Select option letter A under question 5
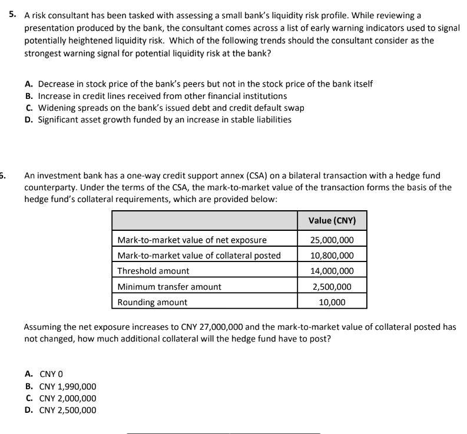click(29, 84)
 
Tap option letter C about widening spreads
click(29, 108)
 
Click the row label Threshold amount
click(154, 271)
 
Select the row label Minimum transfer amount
click(170, 287)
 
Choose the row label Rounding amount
click(153, 302)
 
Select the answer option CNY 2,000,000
click(67, 398)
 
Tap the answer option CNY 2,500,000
click(67, 410)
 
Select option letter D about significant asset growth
click(29, 120)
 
